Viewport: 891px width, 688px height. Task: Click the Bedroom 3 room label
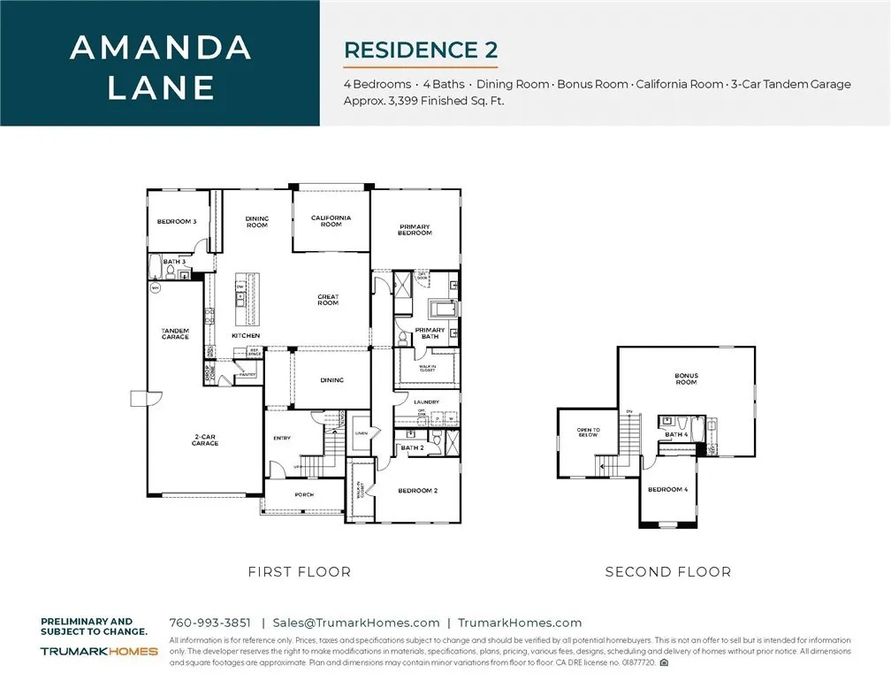coord(176,221)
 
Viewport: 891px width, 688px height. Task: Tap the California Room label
coord(331,220)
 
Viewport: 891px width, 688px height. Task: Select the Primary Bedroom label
coord(415,229)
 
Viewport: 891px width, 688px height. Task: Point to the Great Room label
coord(328,300)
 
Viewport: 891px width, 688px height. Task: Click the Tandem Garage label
coord(175,333)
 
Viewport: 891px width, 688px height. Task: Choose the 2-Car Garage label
coord(205,440)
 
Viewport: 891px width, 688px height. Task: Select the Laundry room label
coord(426,402)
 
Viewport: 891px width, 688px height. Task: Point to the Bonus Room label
coord(686,378)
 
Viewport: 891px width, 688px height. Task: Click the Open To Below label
coord(588,432)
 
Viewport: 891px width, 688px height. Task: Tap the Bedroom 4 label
coord(667,489)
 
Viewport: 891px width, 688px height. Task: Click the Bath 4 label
coord(675,434)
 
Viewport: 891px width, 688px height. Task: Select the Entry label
coord(282,438)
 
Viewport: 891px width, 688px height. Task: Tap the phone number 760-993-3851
coord(209,623)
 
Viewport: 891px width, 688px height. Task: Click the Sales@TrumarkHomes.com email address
coord(355,623)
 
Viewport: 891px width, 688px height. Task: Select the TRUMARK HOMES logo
coord(99,651)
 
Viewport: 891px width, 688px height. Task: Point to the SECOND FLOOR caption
coord(667,572)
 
